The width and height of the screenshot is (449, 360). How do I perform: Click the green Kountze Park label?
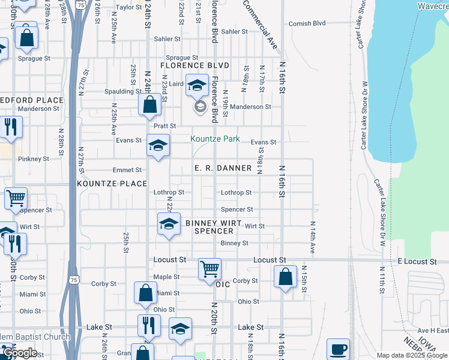coord(215,139)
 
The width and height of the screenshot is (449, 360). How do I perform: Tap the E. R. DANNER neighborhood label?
coord(223,168)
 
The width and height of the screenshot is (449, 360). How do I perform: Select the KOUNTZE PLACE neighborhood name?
coord(112,183)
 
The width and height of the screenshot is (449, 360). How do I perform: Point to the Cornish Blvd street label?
coord(307,23)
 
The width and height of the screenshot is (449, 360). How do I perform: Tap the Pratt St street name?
coord(164,126)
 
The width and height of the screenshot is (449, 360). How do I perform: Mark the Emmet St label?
coord(130,170)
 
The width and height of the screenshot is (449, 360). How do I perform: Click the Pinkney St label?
coord(34,159)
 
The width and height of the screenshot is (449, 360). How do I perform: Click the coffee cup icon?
coord(338,349)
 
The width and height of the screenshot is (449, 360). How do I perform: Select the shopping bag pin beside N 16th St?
coord(286,277)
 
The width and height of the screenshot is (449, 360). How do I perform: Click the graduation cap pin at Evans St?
coord(158,145)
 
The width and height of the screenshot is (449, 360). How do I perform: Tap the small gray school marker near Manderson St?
coord(200,107)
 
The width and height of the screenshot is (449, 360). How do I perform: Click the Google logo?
coord(20,353)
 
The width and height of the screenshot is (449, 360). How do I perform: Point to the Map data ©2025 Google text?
coord(411,355)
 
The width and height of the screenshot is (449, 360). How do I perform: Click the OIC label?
coord(223,285)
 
